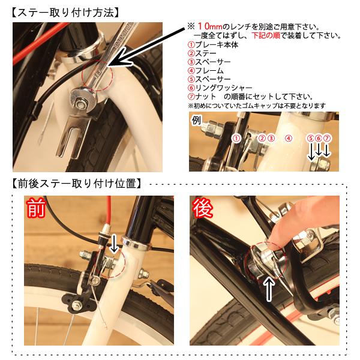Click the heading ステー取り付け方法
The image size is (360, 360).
[65, 13]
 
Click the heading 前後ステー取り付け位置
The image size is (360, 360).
[76, 184]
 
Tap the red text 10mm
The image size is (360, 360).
[210, 26]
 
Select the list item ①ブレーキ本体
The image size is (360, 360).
[213, 44]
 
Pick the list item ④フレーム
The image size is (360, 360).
[205, 70]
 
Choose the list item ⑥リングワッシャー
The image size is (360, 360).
[220, 88]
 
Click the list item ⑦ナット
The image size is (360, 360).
[202, 97]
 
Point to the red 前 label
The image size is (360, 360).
[36, 208]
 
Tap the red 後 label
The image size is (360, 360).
[203, 208]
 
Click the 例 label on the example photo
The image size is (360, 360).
[196, 121]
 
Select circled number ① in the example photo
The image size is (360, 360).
[236, 139]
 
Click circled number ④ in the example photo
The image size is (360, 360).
[289, 139]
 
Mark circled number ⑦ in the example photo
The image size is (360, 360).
[327, 139]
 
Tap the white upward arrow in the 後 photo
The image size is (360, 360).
[269, 289]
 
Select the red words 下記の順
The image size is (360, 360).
[266, 35]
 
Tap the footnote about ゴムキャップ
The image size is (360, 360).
[257, 106]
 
